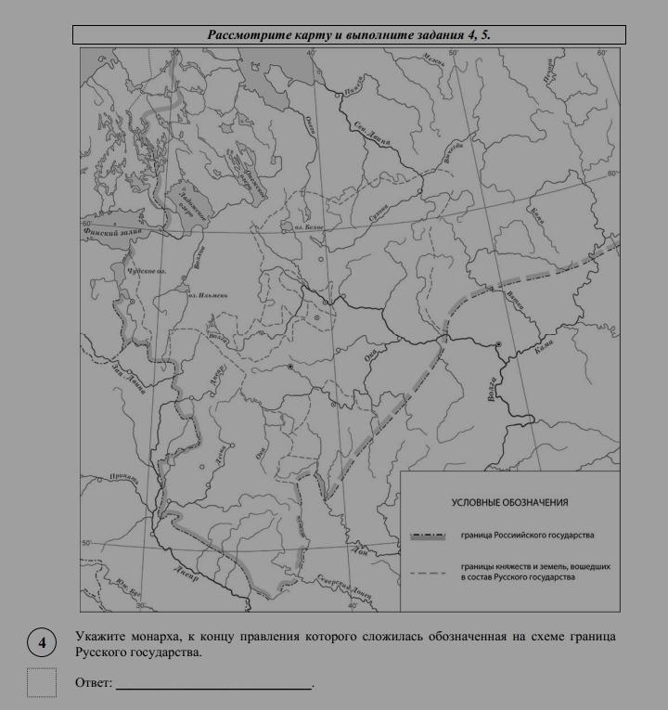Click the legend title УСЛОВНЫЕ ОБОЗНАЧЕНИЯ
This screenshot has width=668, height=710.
pyautogui.click(x=509, y=502)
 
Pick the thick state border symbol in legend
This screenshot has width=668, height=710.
pyautogui.click(x=430, y=536)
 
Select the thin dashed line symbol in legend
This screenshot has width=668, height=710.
pyautogui.click(x=430, y=573)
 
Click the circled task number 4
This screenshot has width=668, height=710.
pyautogui.click(x=42, y=641)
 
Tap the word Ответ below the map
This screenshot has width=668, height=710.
pyautogui.click(x=93, y=683)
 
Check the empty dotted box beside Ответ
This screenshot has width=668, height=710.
pyautogui.click(x=42, y=682)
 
